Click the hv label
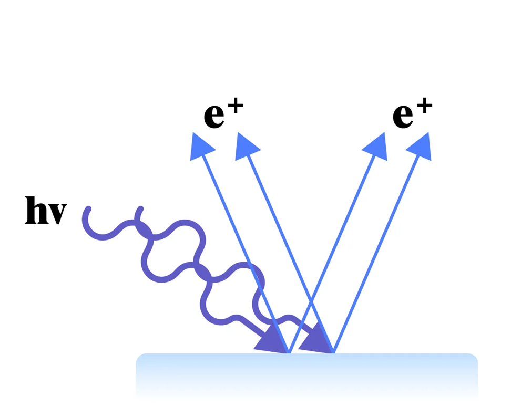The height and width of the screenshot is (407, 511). coord(46,211)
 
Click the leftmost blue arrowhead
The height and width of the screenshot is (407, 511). coord(200,145)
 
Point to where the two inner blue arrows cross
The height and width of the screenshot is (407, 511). coord(311,302)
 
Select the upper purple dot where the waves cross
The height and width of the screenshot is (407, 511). coord(144,230)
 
